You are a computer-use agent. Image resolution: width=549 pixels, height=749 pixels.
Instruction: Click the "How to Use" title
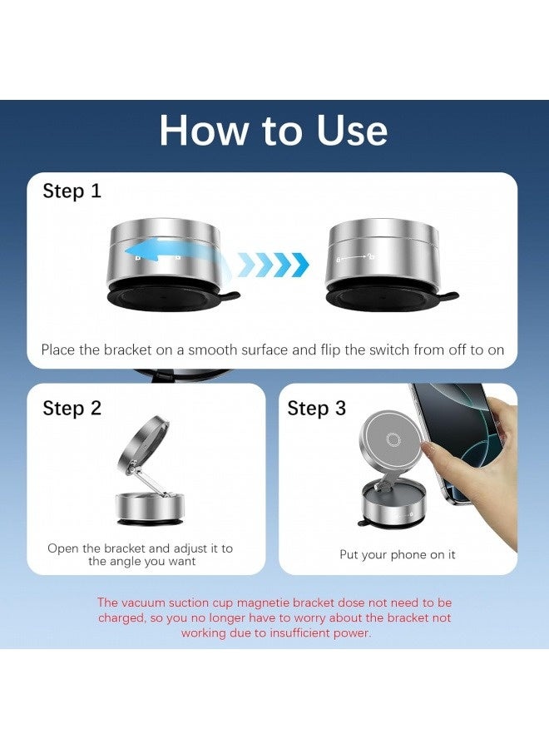pos(273,131)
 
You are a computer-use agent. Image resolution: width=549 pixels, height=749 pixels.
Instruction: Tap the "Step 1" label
pos(72,191)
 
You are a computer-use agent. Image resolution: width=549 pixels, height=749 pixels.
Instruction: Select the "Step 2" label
pos(72,408)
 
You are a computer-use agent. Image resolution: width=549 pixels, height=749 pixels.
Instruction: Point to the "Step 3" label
pos(316,408)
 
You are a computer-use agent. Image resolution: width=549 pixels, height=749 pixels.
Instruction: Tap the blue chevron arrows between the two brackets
pos(274,265)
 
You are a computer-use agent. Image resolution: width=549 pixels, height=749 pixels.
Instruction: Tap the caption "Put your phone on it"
pos(398,554)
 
